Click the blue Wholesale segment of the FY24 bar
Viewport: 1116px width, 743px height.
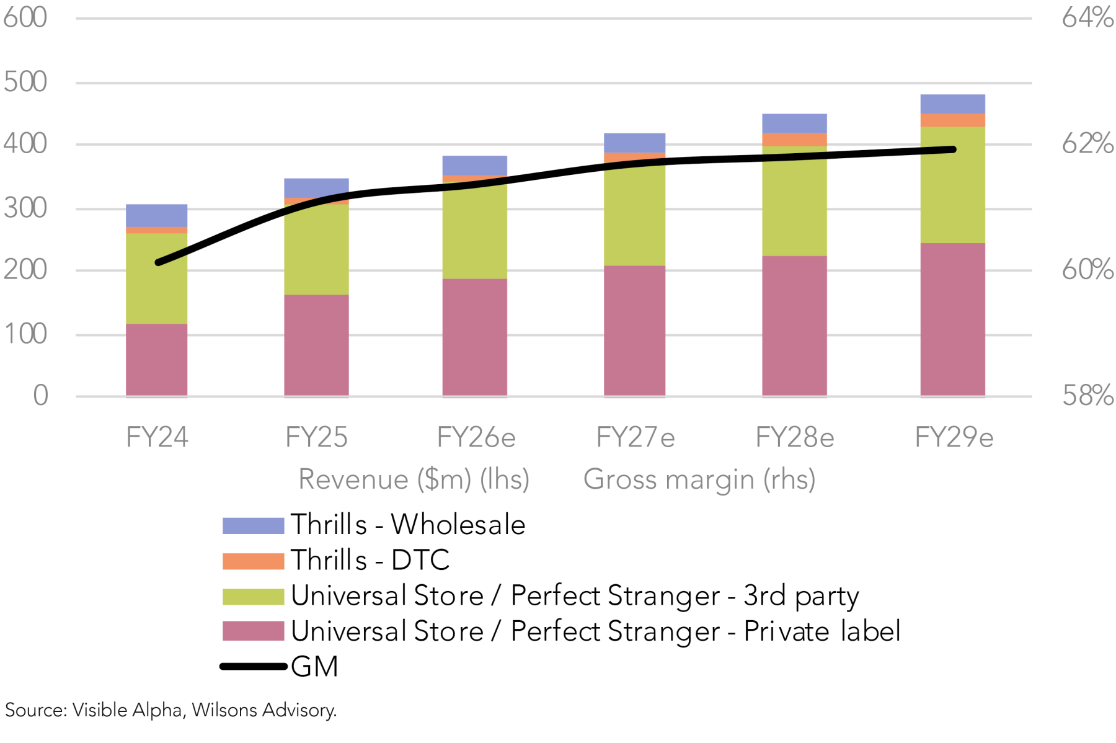(x=156, y=215)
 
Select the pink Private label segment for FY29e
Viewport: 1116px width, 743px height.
(x=952, y=319)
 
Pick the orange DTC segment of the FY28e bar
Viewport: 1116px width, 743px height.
(x=794, y=140)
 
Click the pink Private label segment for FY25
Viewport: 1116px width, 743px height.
(x=316, y=345)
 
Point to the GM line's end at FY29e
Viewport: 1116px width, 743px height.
(x=952, y=149)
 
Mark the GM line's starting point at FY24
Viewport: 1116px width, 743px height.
(x=159, y=262)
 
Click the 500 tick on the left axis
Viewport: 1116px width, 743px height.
(x=25, y=82)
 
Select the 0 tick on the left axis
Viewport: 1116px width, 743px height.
(x=40, y=395)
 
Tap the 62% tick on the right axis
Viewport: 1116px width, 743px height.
(x=1087, y=144)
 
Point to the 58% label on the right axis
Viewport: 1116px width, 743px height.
(x=1087, y=395)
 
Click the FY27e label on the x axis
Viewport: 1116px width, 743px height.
(x=635, y=438)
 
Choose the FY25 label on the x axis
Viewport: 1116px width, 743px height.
(x=316, y=438)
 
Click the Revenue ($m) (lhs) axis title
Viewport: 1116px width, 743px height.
(x=414, y=479)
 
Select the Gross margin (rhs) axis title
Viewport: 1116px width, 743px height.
(x=699, y=479)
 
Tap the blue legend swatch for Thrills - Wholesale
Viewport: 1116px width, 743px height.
(x=253, y=525)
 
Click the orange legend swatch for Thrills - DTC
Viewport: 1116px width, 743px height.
(x=253, y=561)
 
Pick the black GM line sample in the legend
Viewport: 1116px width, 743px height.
(x=253, y=667)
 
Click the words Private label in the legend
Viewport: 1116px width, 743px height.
(x=821, y=631)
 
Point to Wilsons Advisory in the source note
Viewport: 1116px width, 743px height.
(x=264, y=710)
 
